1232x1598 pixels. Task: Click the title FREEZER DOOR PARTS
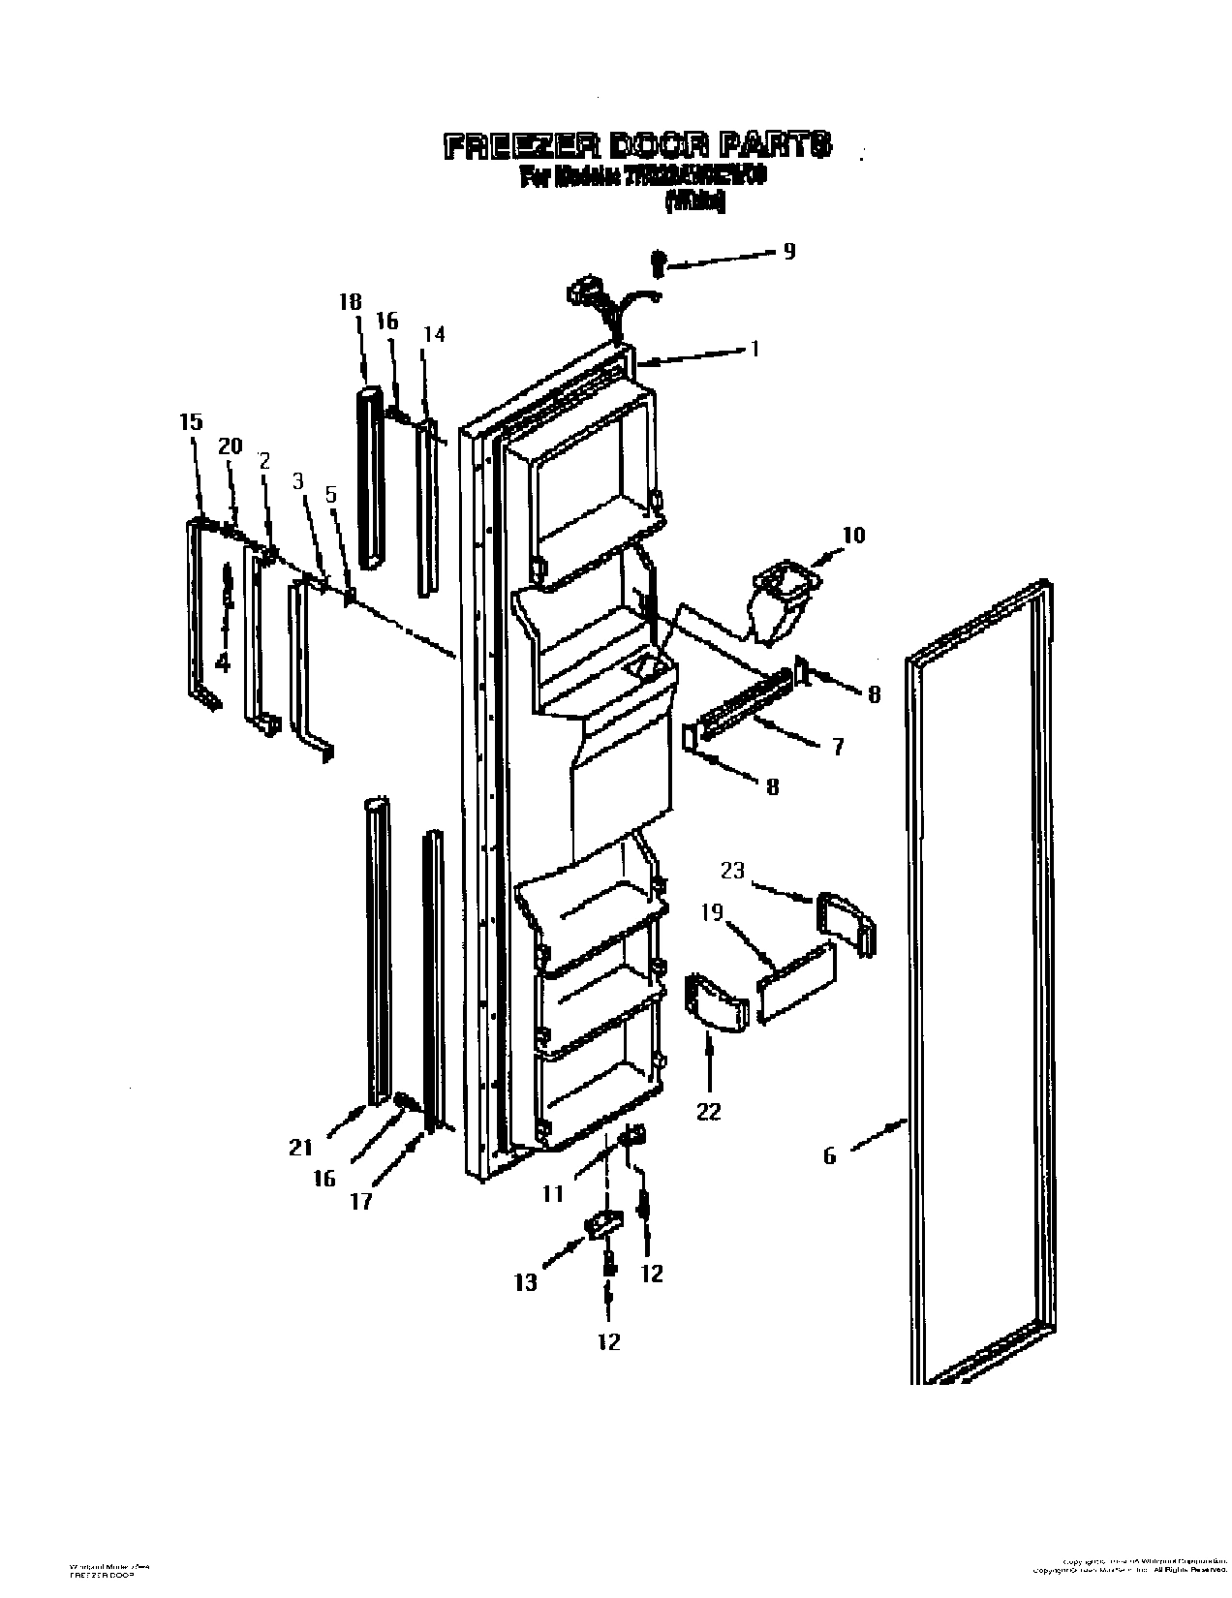click(636, 146)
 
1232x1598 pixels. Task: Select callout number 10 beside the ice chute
click(853, 536)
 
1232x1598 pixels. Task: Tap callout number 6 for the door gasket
click(829, 1155)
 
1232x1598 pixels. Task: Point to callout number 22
click(709, 1111)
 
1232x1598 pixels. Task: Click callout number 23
click(732, 871)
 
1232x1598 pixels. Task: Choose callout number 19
click(713, 912)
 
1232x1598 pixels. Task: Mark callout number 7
click(837, 746)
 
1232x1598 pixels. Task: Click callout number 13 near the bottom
click(525, 1282)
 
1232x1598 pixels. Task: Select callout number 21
click(301, 1148)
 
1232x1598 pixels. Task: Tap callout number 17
click(361, 1202)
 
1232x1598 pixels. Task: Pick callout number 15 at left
click(191, 422)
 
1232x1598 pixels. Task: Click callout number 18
click(350, 301)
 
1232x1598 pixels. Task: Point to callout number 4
click(224, 663)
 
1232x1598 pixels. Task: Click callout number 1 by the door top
click(755, 350)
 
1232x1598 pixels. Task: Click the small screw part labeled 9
click(658, 261)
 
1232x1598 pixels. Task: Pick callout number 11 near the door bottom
click(552, 1194)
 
